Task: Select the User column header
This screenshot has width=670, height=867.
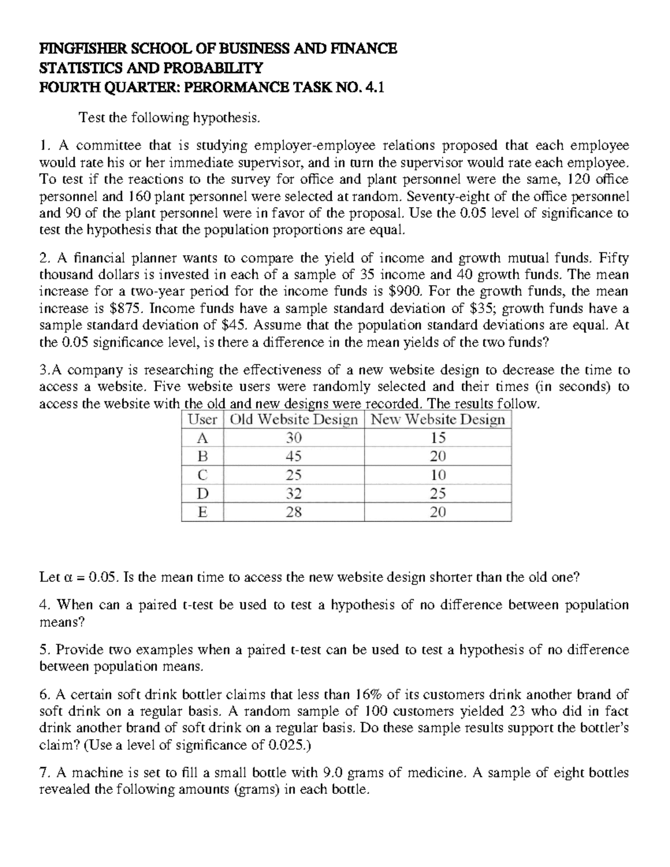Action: pos(202,420)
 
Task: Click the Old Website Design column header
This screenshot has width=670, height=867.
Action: pos(294,420)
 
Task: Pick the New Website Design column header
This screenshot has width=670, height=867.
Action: pos(438,420)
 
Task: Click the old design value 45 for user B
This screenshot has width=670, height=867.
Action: pos(294,457)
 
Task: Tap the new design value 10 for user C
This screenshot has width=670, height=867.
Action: pos(438,475)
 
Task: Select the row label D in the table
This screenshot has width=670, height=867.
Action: pos(203,494)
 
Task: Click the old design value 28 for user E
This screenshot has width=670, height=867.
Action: pos(294,512)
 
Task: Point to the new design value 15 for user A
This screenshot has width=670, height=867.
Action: pos(438,438)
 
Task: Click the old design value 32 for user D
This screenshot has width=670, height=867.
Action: pos(294,494)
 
